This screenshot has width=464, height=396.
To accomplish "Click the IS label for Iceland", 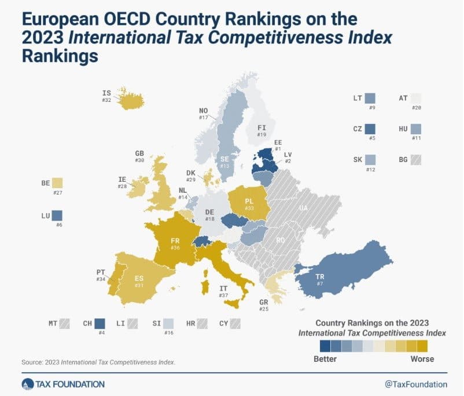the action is click(x=106, y=93).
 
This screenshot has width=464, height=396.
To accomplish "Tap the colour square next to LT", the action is click(x=370, y=98).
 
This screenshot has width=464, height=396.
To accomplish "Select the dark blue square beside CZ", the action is click(x=370, y=129).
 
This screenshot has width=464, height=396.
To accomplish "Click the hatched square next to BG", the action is click(x=416, y=160).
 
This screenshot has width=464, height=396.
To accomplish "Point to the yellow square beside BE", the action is click(x=57, y=183).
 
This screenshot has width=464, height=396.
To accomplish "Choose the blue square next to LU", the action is click(x=57, y=215).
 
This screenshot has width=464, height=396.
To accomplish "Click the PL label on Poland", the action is click(x=249, y=201).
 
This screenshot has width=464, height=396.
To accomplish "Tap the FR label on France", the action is click(x=175, y=241).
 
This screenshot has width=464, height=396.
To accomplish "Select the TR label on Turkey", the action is click(x=320, y=277).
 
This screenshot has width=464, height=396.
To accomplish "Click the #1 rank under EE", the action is click(x=278, y=149).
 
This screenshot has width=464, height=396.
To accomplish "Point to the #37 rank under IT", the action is click(x=223, y=295).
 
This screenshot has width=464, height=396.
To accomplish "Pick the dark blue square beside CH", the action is click(x=100, y=324).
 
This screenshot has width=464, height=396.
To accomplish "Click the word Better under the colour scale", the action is click(x=325, y=359).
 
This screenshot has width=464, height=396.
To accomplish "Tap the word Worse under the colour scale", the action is click(x=422, y=359).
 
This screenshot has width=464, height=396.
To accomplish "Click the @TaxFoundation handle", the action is click(x=416, y=384).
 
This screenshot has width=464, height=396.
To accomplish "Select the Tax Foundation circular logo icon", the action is click(x=28, y=384).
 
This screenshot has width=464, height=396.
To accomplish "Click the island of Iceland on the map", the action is click(x=131, y=100).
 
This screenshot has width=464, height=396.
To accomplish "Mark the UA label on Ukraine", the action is click(x=303, y=208).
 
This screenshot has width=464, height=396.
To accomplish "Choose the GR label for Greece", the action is click(x=263, y=302).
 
